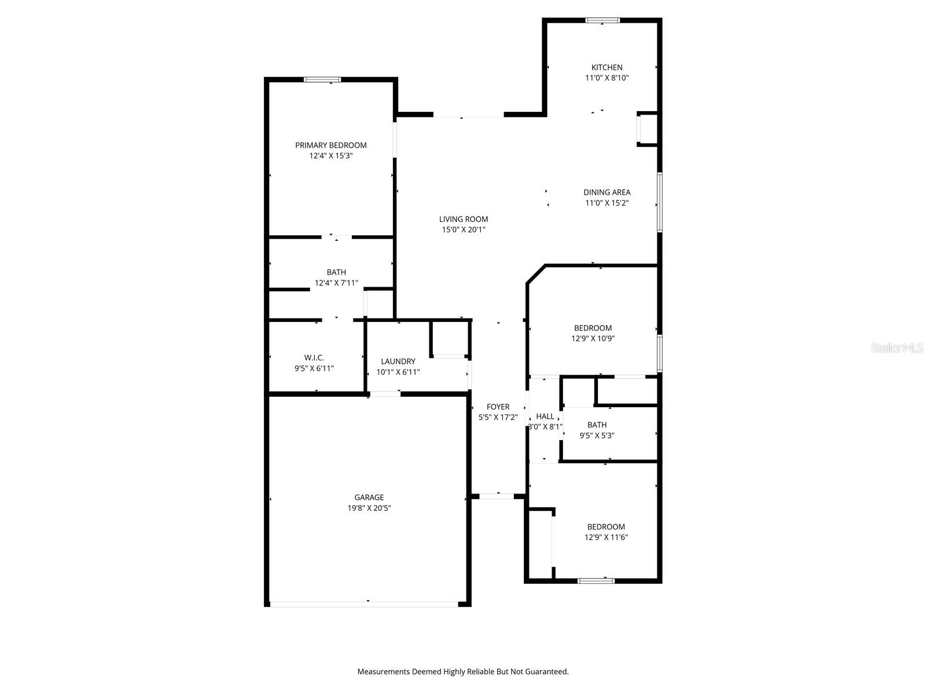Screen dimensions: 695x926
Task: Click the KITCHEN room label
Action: (x=607, y=67)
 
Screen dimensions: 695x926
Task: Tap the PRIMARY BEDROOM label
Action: (x=330, y=145)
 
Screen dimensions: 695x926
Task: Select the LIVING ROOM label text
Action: (x=463, y=219)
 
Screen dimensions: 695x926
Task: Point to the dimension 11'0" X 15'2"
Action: (x=607, y=203)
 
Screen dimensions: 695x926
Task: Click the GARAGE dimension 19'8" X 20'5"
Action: (x=369, y=508)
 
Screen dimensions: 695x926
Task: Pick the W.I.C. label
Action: (x=314, y=358)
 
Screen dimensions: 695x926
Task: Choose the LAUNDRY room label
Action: (x=398, y=361)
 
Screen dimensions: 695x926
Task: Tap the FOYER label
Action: (x=498, y=407)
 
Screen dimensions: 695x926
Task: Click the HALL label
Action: (x=545, y=416)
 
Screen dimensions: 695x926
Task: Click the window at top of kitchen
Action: (x=602, y=20)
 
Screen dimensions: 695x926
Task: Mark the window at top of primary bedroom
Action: (x=322, y=80)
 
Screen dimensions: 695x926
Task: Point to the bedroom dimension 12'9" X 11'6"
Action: (x=606, y=537)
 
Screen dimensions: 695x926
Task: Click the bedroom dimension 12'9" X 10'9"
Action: (x=593, y=339)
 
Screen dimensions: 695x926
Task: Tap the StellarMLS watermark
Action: (x=896, y=348)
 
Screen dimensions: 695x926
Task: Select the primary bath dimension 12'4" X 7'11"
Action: (x=336, y=283)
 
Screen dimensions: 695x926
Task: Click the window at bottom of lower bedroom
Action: (x=596, y=580)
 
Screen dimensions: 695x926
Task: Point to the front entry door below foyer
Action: (x=497, y=496)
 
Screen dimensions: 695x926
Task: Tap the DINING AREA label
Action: (x=607, y=192)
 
